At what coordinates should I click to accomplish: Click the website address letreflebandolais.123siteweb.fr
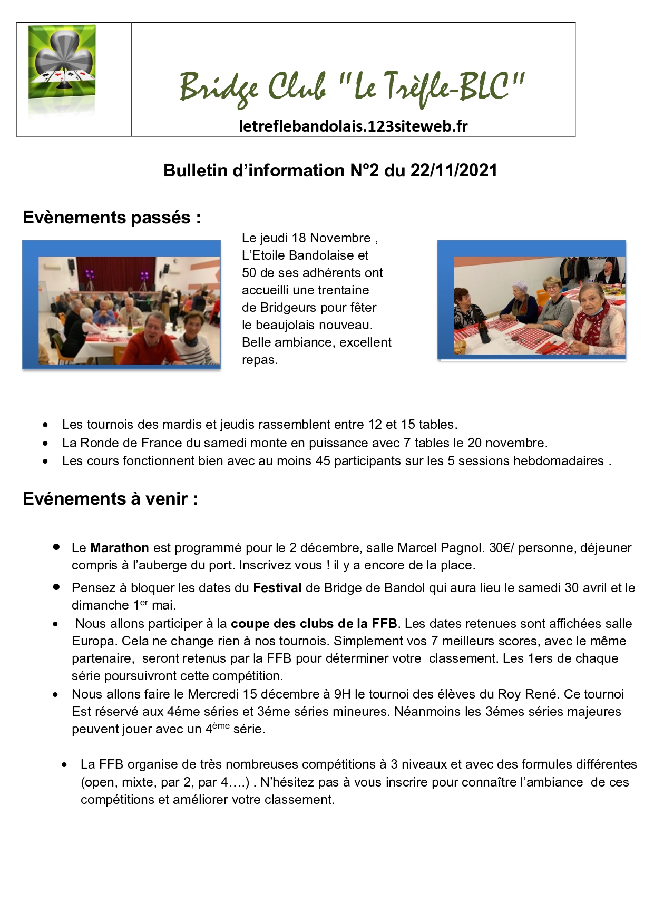coord(353,126)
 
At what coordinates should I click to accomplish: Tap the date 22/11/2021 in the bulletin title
coord(454,171)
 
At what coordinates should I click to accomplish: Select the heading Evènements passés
coord(112,218)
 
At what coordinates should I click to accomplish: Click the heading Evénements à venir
coord(110,499)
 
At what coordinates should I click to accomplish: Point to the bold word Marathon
coord(120,548)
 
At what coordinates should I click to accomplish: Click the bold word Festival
coord(277,588)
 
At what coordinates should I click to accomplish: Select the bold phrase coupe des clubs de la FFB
coord(314,624)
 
